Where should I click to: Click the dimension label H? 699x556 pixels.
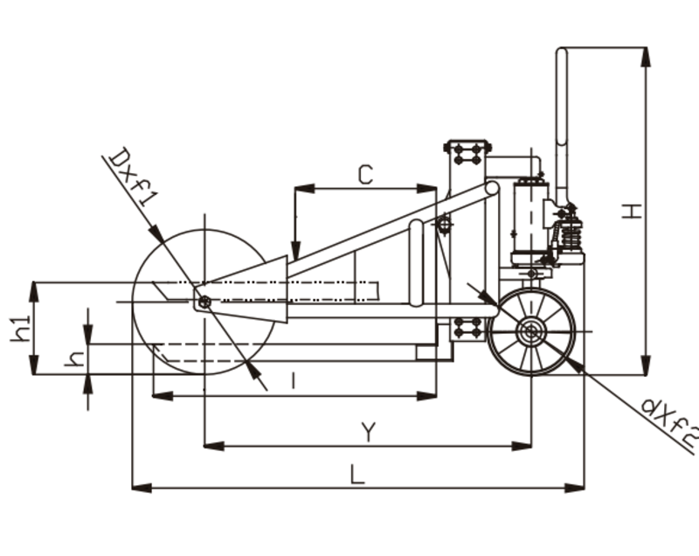(635, 210)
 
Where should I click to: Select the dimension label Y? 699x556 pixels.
(369, 431)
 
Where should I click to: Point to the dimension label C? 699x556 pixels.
(365, 175)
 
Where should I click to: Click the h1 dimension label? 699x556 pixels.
(22, 327)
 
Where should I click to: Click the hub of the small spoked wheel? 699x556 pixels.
(529, 331)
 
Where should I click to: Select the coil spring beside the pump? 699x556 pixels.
(571, 233)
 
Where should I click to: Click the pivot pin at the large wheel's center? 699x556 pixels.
(204, 302)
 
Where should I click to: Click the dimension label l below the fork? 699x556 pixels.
(294, 381)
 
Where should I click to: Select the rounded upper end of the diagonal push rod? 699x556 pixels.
(492, 188)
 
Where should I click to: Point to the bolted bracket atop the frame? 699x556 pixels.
(467, 152)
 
